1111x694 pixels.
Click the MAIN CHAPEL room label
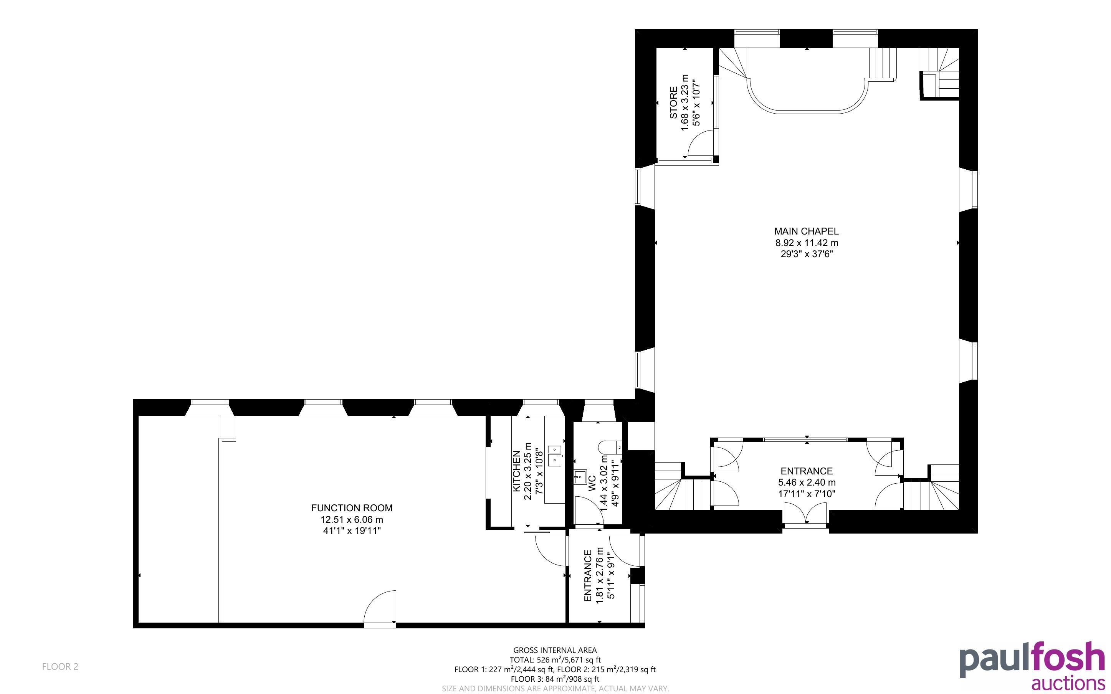coord(806,231)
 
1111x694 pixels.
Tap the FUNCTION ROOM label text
coord(352,508)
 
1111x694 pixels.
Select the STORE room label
coord(673,103)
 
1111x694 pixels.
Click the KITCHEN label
coord(517,471)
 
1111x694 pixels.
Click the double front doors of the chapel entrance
coord(806,514)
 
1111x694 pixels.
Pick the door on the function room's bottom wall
coord(380,608)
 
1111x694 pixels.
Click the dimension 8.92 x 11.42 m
coord(806,243)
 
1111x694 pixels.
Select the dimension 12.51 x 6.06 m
coord(352,520)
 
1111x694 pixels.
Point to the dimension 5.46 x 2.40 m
coord(806,482)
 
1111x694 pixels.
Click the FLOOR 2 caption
coord(60,666)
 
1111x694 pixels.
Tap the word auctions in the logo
coord(1068,683)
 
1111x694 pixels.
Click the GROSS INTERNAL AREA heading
coord(555,650)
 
